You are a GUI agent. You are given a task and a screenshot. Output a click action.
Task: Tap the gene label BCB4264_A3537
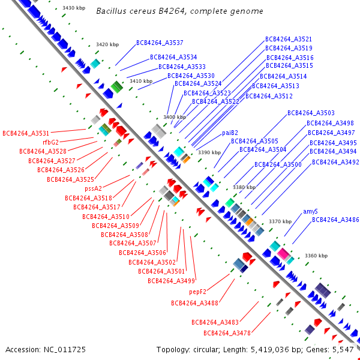pyautogui.click(x=160, y=43)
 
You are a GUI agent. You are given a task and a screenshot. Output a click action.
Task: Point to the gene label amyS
pyautogui.click(x=310, y=211)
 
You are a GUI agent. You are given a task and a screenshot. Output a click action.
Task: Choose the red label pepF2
pyautogui.click(x=197, y=292)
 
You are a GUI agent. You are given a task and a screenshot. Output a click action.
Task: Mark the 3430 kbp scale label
pyautogui.click(x=73, y=8)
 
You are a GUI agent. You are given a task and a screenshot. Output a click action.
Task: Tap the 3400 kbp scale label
pyautogui.click(x=175, y=117)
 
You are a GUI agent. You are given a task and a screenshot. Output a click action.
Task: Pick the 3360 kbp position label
pyautogui.click(x=316, y=256)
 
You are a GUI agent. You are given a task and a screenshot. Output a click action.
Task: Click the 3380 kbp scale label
pyautogui.click(x=244, y=187)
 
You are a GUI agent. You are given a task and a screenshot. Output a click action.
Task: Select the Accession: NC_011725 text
pyautogui.click(x=46, y=349)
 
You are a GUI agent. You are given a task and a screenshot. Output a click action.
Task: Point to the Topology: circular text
pyautogui.click(x=190, y=349)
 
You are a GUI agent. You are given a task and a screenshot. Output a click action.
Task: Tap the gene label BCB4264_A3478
pyautogui.click(x=227, y=333)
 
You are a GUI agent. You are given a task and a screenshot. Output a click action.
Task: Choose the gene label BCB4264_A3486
pyautogui.click(x=335, y=220)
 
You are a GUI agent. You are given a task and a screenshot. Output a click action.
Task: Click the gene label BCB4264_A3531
pyautogui.click(x=26, y=133)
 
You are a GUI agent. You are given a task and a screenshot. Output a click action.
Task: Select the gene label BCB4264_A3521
pyautogui.click(x=289, y=39)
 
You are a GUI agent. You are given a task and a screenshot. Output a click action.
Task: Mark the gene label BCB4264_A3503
pyautogui.click(x=311, y=113)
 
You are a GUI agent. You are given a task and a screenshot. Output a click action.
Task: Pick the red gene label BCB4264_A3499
pyautogui.click(x=171, y=281)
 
